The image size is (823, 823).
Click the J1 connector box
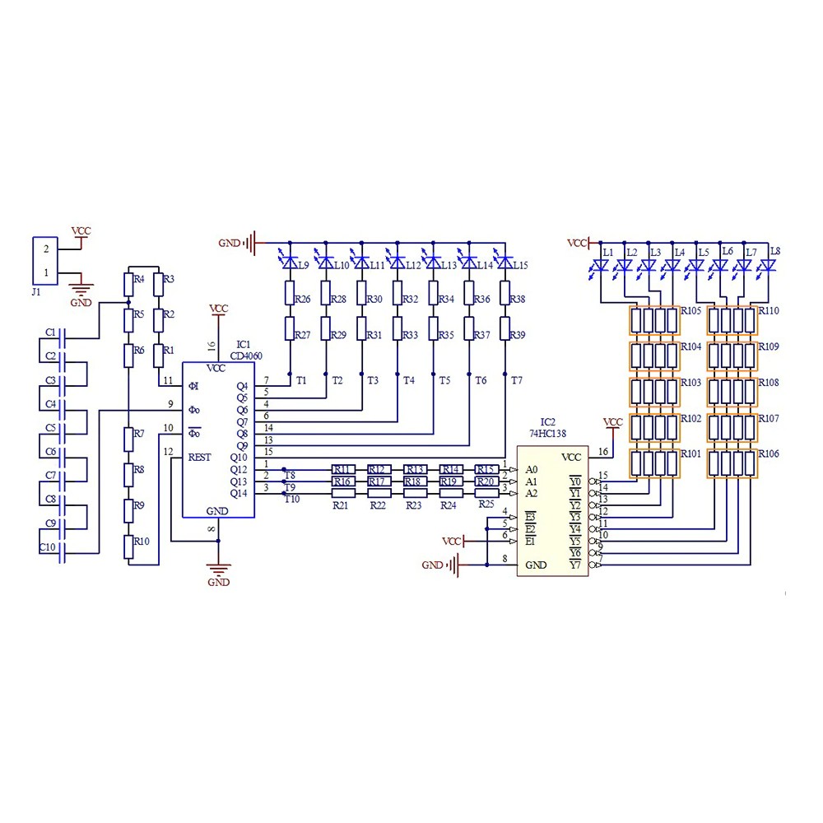pyautogui.click(x=43, y=259)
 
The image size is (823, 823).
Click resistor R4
pyautogui.click(x=128, y=284)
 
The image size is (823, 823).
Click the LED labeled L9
pyautogui.click(x=290, y=263)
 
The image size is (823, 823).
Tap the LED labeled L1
pyautogui.click(x=601, y=265)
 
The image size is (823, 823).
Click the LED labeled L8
pyautogui.click(x=768, y=265)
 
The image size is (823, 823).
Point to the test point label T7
pyautogui.click(x=516, y=380)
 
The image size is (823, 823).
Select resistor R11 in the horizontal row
pyautogui.click(x=342, y=469)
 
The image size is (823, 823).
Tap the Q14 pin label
pyautogui.click(x=239, y=493)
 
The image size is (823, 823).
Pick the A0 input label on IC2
pyautogui.click(x=532, y=469)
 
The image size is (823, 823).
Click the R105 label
pyautogui.click(x=691, y=311)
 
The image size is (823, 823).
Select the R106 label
pyautogui.click(x=769, y=454)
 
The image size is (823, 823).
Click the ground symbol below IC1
pyautogui.click(x=218, y=567)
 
